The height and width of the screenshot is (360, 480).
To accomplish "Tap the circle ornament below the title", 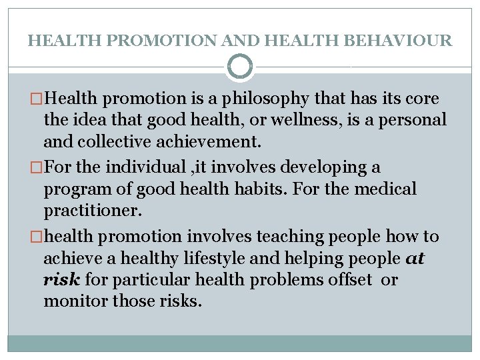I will pyautogui.click(x=240, y=67).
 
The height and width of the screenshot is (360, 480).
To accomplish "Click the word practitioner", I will pyautogui.click(x=89, y=211).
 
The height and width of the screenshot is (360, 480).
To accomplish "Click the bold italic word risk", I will pyautogui.click(x=61, y=279).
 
